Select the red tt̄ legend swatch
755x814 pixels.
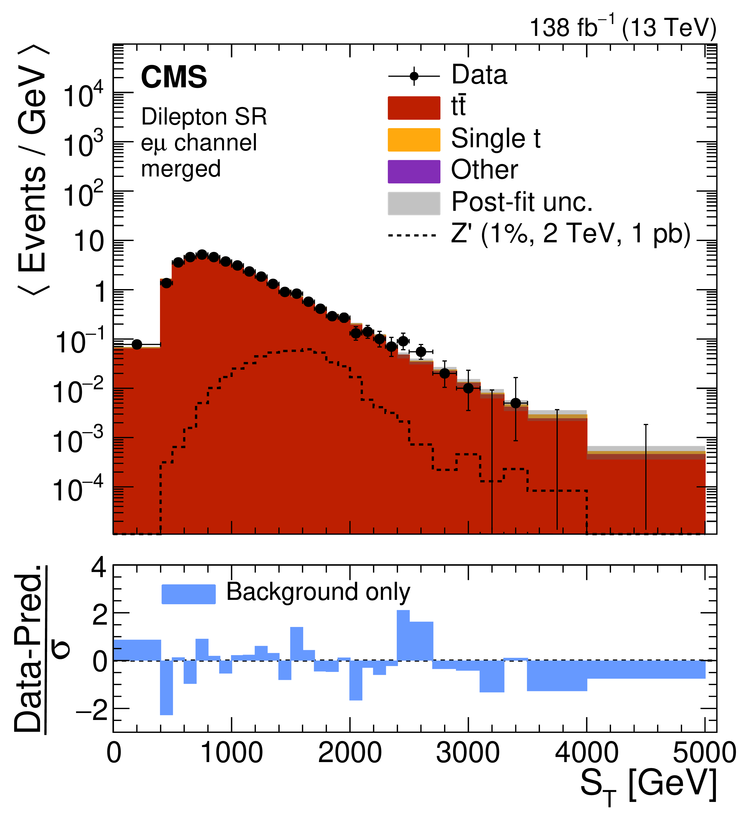click(x=414, y=108)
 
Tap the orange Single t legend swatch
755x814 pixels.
click(x=414, y=139)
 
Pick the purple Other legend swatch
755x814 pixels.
click(x=414, y=172)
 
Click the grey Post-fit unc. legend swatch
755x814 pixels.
click(x=414, y=203)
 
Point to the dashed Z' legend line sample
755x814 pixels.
click(x=413, y=235)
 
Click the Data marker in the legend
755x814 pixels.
click(x=414, y=76)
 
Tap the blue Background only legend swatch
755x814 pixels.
click(x=188, y=594)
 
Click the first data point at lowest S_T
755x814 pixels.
click(x=137, y=345)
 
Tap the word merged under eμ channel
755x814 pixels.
click(x=181, y=169)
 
